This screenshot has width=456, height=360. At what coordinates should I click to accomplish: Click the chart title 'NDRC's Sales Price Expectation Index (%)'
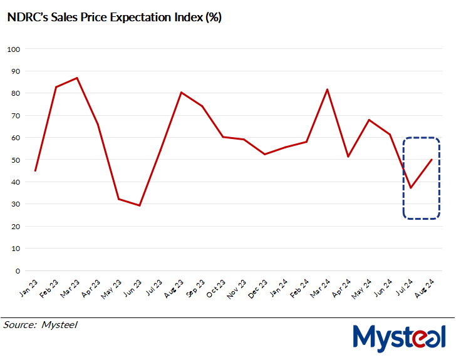113,18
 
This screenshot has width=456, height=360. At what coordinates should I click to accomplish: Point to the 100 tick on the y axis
14,49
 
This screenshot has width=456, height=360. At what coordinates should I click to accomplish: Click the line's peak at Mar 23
76,78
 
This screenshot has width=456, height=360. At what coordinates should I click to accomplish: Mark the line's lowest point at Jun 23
139,205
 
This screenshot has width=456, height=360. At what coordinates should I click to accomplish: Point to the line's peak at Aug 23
181,93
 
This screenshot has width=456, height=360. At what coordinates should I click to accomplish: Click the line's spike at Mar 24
327,90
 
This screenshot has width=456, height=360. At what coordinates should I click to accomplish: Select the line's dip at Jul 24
411,188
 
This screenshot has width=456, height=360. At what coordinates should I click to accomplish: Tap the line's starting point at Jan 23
35,170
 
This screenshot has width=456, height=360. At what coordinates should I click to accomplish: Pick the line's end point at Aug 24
432,160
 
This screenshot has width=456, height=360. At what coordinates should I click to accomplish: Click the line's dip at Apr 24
348,157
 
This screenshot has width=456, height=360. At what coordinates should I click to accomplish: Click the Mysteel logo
399,339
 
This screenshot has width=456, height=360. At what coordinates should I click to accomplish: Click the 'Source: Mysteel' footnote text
40,325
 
